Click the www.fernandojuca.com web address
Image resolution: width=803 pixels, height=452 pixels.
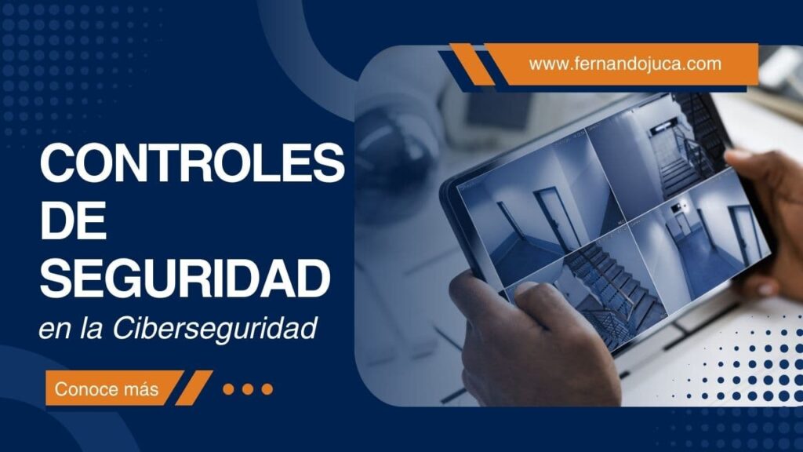click(625, 64)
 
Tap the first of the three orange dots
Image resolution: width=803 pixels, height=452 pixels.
click(229, 388)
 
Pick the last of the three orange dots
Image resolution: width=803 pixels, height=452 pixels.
click(267, 388)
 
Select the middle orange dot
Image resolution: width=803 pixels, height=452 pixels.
click(248, 388)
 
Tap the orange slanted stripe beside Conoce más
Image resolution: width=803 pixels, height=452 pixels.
click(194, 388)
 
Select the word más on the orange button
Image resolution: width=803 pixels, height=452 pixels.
click(140, 388)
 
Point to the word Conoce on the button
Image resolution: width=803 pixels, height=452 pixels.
click(86, 388)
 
